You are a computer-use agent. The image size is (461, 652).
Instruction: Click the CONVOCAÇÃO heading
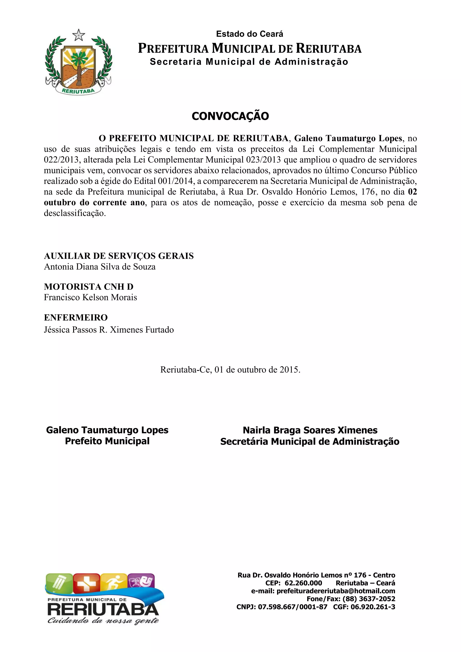(230, 116)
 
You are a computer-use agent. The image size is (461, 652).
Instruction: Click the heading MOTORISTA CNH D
(88, 287)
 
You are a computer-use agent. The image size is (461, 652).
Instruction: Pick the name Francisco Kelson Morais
(90, 297)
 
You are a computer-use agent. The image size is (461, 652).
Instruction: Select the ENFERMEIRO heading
(76, 317)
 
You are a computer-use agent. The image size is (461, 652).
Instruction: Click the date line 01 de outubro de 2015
(230, 369)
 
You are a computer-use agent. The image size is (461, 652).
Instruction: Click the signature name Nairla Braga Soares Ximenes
(310, 430)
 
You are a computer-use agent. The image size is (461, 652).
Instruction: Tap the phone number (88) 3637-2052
(369, 599)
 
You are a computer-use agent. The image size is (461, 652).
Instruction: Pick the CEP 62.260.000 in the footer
(303, 583)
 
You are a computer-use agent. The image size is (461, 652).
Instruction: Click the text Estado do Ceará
(249, 34)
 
